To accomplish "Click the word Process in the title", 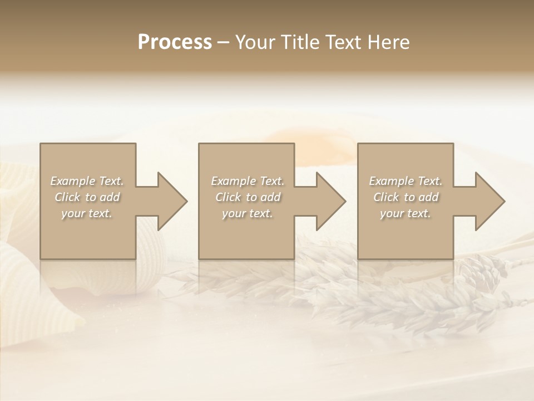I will [x=175, y=42].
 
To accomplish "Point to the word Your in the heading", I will [x=258, y=42].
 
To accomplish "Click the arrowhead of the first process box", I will [x=170, y=201].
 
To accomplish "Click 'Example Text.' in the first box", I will [x=87, y=181].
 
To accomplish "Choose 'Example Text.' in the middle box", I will [x=248, y=181].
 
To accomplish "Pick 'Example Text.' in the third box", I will [x=406, y=181].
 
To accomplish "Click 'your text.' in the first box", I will [x=87, y=213].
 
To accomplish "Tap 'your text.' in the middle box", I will [x=248, y=213].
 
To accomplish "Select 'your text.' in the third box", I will [x=406, y=213].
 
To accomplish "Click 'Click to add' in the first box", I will [x=87, y=197].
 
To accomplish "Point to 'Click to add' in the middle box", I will [x=248, y=197].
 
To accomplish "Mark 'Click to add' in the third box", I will [x=406, y=197].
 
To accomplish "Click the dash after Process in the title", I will [x=224, y=42].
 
